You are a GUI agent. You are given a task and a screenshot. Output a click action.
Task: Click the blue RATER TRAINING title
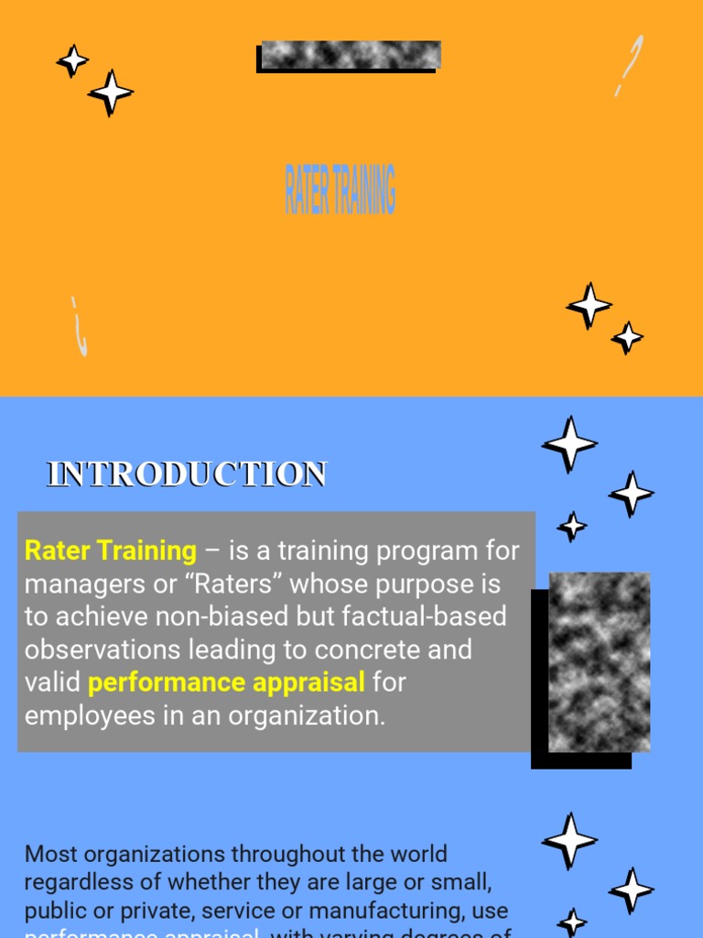[x=340, y=190]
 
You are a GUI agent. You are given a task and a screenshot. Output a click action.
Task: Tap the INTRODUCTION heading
[x=187, y=474]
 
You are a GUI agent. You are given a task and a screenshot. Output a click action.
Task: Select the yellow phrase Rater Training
[x=110, y=551]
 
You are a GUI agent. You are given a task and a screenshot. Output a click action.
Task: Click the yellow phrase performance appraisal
[x=226, y=682]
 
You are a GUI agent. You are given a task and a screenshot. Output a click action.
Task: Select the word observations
[x=103, y=649]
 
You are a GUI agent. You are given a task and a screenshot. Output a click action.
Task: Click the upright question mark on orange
[x=629, y=66]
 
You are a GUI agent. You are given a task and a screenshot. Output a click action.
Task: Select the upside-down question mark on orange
[x=80, y=326]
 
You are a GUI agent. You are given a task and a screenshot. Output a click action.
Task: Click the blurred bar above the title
[x=350, y=55]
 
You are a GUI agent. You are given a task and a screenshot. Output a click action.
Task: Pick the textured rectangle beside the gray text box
[x=598, y=661]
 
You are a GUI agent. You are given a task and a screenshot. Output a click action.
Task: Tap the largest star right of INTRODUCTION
[x=569, y=444]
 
